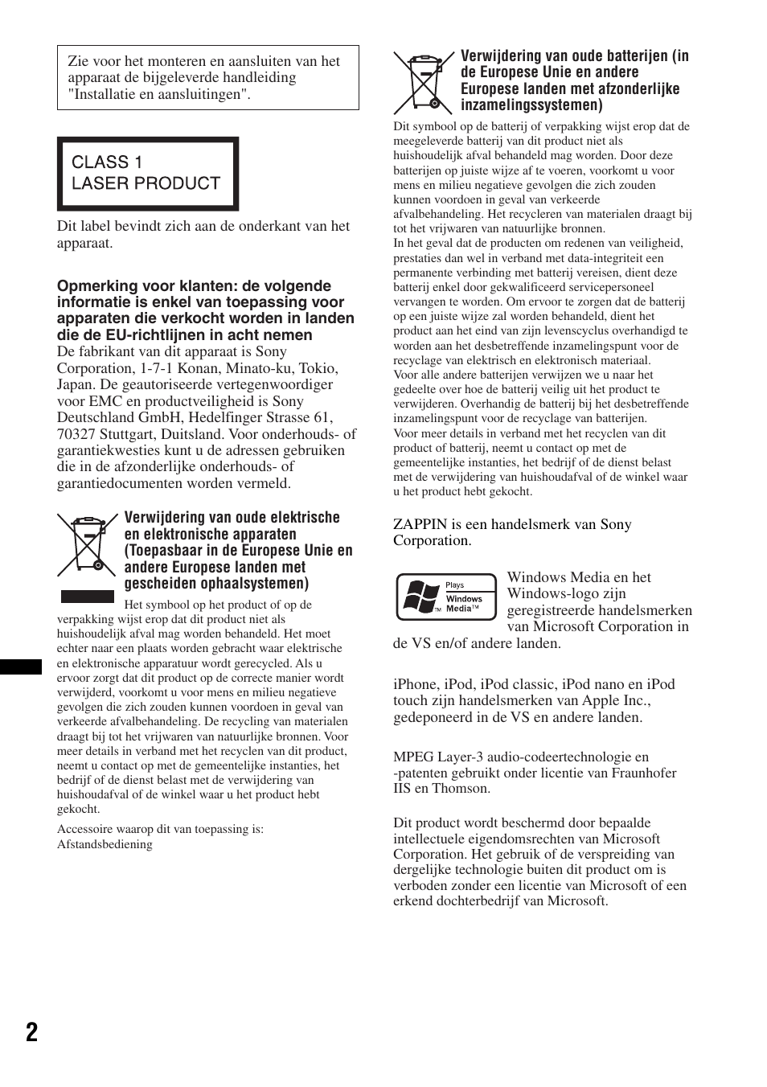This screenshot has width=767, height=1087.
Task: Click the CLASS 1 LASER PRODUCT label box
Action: click(x=147, y=173)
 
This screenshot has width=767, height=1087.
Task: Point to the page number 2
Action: click(x=31, y=1032)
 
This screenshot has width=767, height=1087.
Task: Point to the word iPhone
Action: click(x=416, y=684)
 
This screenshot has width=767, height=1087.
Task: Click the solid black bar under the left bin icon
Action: click(x=88, y=596)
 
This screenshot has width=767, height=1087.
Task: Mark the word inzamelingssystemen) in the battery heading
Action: click(x=531, y=105)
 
